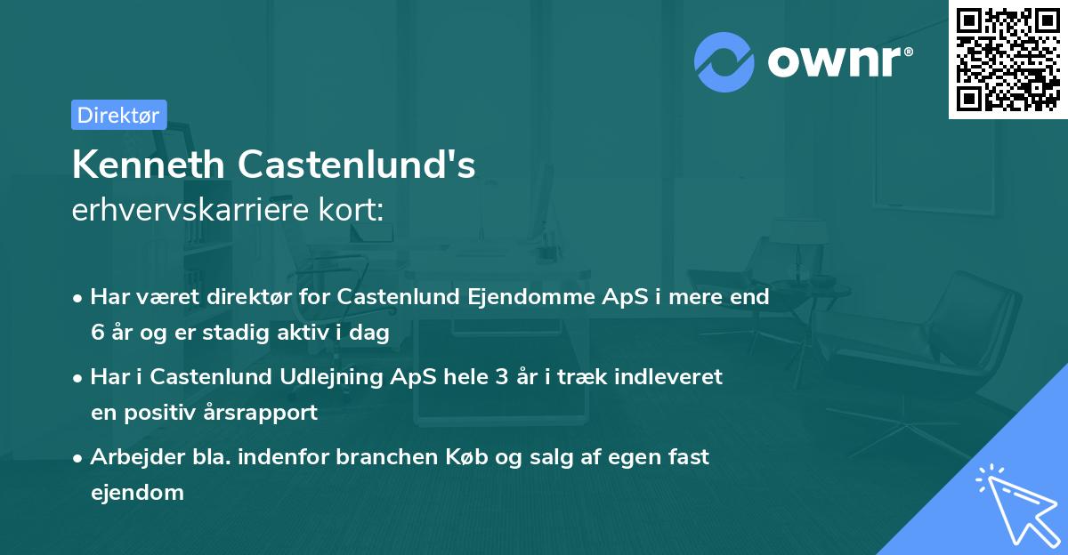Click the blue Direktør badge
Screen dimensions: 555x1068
pos(118,115)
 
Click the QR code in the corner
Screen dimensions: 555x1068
pos(1007,59)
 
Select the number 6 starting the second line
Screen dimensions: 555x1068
pos(96,332)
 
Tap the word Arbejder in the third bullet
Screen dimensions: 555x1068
pos(130,457)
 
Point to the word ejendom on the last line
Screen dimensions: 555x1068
pos(137,492)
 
